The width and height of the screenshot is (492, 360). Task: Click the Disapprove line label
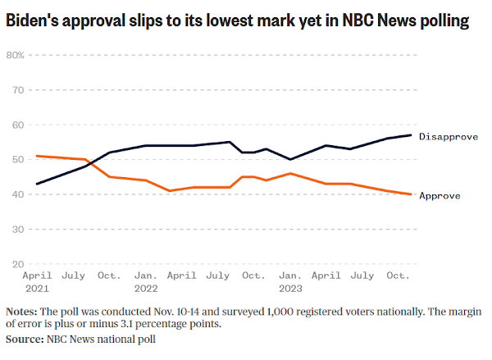pos(448,136)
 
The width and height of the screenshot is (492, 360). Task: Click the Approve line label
pos(440,195)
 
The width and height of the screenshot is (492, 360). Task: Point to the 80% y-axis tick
pos(16,55)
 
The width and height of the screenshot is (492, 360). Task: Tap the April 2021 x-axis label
pos(37,281)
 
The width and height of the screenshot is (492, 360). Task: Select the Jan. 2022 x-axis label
pos(146,281)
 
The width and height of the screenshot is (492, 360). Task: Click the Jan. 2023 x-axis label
pos(290,281)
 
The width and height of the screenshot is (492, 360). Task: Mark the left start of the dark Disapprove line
pos(37,184)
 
